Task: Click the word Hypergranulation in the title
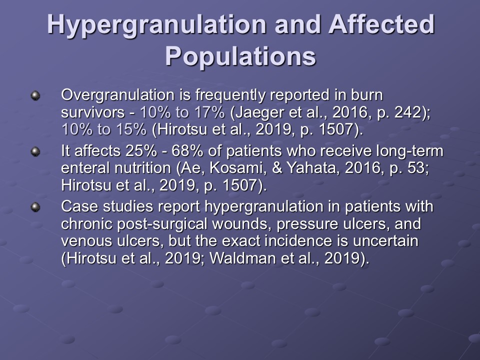(x=156, y=25)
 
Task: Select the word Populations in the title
(x=240, y=56)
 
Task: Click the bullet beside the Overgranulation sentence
(x=35, y=96)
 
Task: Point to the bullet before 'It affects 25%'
(x=35, y=151)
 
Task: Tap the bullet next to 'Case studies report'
(x=35, y=207)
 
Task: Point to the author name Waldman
(x=243, y=258)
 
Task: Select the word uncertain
(x=385, y=241)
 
